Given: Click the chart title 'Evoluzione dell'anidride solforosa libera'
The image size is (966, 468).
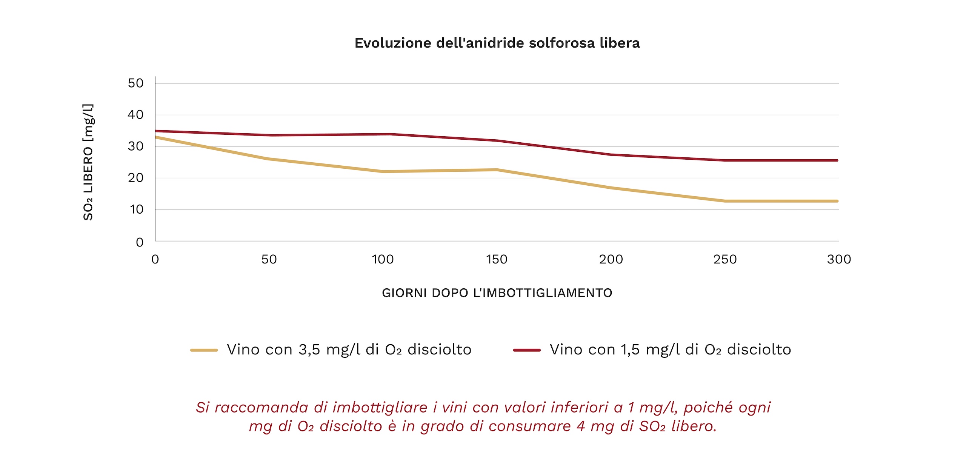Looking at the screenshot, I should click(497, 43).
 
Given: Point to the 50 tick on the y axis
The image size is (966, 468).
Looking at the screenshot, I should click(136, 83).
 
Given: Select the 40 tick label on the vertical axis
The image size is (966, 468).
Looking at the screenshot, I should click(136, 115).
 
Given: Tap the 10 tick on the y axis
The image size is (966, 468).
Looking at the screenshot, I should click(136, 209).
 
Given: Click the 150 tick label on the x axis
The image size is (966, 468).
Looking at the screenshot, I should click(497, 259).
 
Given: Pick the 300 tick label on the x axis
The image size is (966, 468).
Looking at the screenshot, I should click(838, 259).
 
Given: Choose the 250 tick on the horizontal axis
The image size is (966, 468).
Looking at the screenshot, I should click(725, 259).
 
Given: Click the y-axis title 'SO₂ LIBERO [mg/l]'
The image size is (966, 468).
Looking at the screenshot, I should click(88, 162).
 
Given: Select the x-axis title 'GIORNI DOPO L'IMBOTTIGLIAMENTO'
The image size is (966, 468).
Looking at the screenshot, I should click(497, 293).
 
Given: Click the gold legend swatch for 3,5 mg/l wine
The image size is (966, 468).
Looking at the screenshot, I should click(204, 350).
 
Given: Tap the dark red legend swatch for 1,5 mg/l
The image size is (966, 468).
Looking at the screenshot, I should click(527, 350).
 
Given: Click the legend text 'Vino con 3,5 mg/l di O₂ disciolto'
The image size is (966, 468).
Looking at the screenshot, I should click(349, 350).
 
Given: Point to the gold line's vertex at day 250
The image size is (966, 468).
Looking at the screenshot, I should click(725, 201).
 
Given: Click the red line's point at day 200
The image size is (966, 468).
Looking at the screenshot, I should click(611, 155).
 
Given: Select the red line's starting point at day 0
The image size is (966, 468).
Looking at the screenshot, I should click(156, 131).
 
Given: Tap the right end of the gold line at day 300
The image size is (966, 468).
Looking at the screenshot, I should click(837, 201).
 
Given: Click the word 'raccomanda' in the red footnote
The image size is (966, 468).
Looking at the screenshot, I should click(261, 408).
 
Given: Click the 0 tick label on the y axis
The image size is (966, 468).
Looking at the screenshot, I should click(140, 242).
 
